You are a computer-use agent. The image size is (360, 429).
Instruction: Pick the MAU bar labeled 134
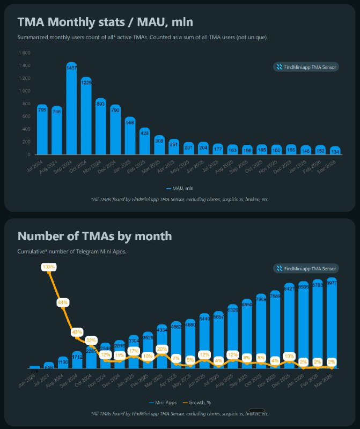click(x=334, y=151)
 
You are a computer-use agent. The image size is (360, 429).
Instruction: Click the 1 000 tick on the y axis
click(x=25, y=91)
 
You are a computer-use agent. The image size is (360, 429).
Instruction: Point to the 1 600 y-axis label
click(x=25, y=53)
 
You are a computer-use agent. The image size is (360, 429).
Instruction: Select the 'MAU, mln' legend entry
click(x=180, y=188)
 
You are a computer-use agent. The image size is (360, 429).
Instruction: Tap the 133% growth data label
click(x=49, y=267)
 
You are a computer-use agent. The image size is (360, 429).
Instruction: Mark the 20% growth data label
click(x=162, y=349)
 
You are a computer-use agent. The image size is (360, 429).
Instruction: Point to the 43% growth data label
click(x=77, y=332)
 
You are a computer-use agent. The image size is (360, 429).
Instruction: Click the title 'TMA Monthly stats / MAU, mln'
click(x=105, y=22)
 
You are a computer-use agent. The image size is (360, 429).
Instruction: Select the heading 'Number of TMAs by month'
click(x=94, y=236)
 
